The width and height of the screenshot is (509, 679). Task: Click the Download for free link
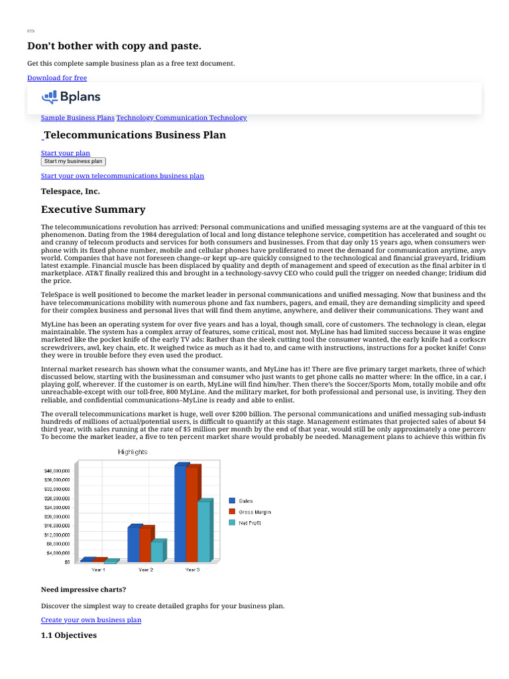[57, 78]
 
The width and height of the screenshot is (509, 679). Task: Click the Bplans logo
[72, 97]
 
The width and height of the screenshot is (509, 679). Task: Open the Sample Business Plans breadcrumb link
[78, 117]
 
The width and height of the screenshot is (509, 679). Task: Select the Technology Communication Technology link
[182, 117]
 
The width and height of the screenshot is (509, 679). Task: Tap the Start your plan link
[66, 153]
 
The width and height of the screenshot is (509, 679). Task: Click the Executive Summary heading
[93, 210]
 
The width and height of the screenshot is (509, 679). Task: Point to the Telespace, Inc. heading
[70, 191]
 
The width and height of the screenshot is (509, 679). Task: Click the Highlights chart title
[133, 452]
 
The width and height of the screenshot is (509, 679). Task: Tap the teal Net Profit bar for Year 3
[203, 532]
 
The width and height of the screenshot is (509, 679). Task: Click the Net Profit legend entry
[250, 523]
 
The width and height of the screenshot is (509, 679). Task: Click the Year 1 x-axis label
[98, 570]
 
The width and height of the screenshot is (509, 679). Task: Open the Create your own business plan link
[91, 620]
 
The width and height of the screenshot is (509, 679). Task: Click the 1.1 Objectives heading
[69, 635]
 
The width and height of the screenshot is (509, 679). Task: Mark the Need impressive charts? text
[83, 589]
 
